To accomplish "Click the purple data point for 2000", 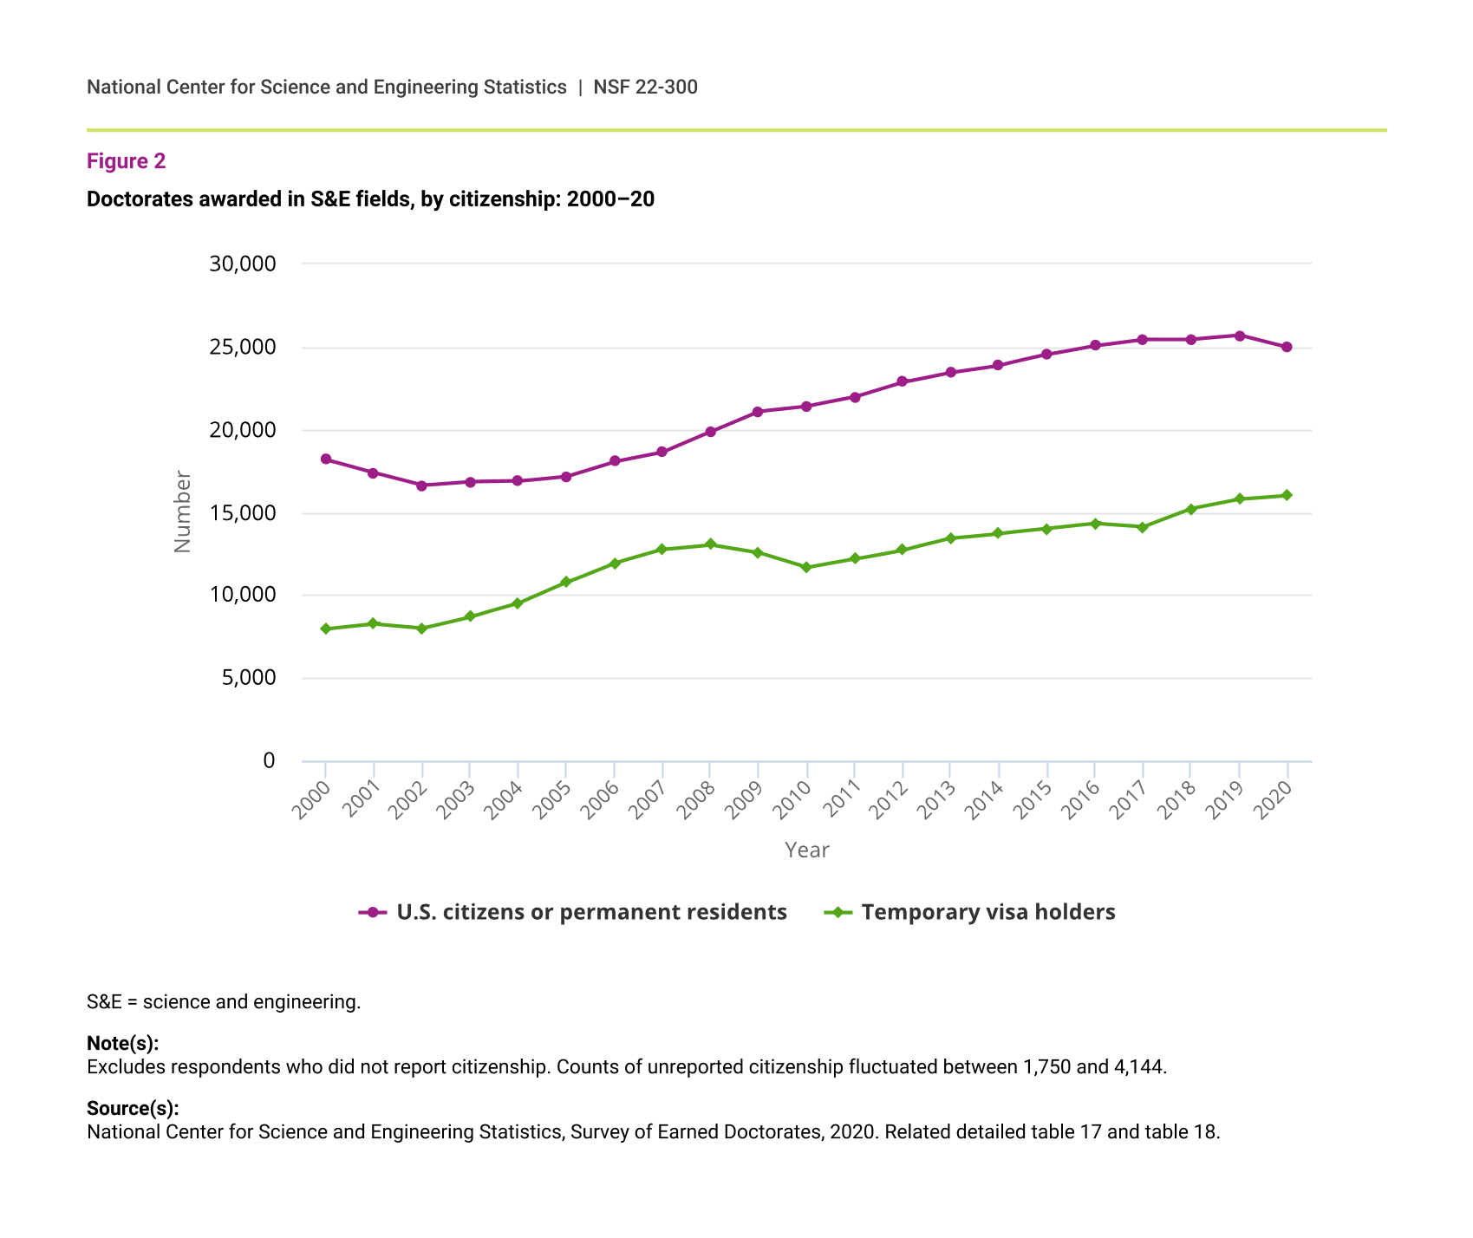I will (x=326, y=459).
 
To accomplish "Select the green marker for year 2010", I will (x=807, y=568).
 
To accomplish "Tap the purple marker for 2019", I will (x=1240, y=336).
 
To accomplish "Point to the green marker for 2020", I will (x=1287, y=495).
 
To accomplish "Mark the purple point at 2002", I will (x=421, y=485).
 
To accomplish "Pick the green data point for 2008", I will (x=711, y=544).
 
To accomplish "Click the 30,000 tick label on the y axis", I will (x=243, y=264).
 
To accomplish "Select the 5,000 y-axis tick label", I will (x=249, y=678).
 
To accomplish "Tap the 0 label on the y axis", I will (x=269, y=760).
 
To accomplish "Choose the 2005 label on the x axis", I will (x=552, y=799).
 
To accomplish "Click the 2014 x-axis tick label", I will (x=985, y=799).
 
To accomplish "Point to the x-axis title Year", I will (x=807, y=850).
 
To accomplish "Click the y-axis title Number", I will (x=182, y=511).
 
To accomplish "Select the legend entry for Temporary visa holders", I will (x=987, y=912).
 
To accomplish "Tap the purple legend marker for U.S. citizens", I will (x=374, y=912).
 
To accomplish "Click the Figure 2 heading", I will (x=127, y=161).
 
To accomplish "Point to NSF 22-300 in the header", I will (x=645, y=87).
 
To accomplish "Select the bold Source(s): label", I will (x=133, y=1108).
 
